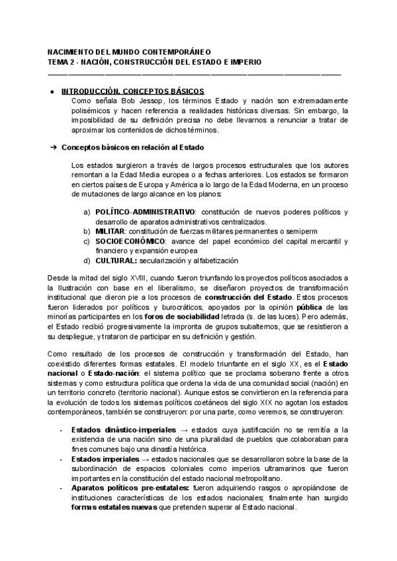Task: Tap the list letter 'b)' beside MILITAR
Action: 87,231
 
